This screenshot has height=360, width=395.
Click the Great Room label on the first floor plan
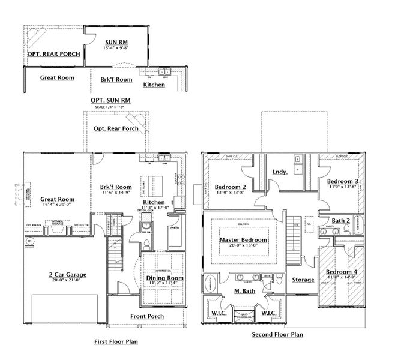[x=57, y=199]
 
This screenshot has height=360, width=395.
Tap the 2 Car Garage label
[x=67, y=275]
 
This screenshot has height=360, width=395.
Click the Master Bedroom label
[x=243, y=240]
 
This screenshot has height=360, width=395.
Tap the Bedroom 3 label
[x=343, y=181]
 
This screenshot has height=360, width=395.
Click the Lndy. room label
[x=280, y=172]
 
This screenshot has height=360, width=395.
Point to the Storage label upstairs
[x=303, y=280]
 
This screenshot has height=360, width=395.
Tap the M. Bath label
[x=244, y=292]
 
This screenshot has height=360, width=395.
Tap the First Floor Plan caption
[x=116, y=341]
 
